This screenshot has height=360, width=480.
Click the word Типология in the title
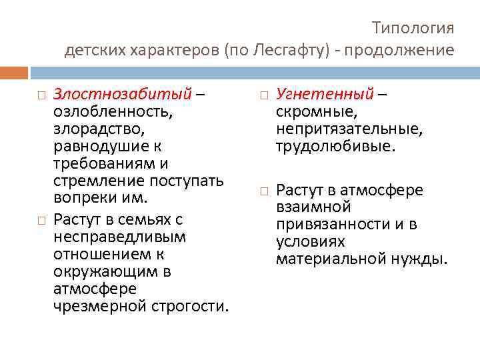pos(413,28)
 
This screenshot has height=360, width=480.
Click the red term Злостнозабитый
pos(122,93)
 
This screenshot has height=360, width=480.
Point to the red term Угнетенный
pos(325,93)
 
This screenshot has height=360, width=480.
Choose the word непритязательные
pos(349,128)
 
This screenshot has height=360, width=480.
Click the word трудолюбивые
pos(335,145)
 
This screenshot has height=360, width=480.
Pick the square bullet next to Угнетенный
pos(264,94)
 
